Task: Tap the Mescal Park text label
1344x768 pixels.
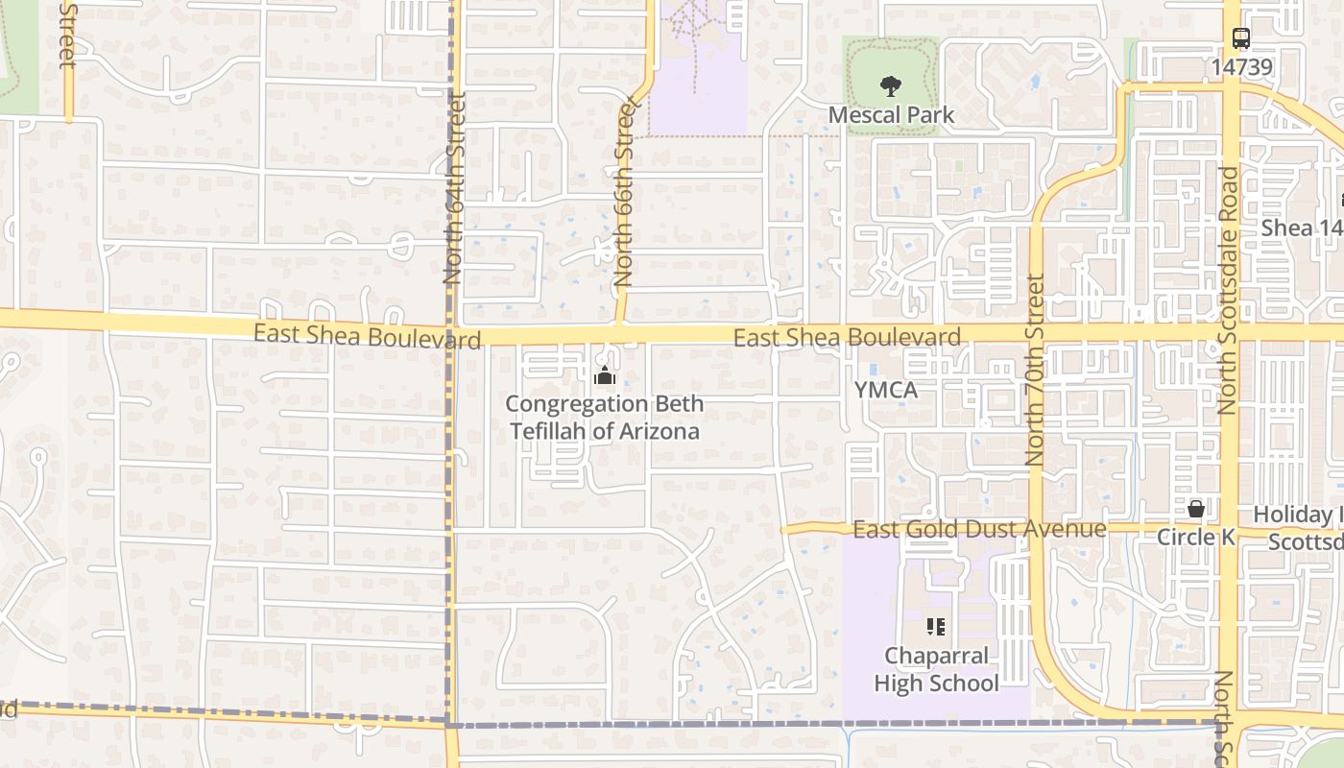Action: [891, 115]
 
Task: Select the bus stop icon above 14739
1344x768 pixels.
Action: [1241, 39]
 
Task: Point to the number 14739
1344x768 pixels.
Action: [1241, 66]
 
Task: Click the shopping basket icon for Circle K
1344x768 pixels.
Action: [1196, 509]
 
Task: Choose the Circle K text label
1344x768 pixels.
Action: [1196, 537]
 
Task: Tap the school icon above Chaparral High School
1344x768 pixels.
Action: [936, 628]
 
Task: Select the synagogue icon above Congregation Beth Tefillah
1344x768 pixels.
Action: [604, 375]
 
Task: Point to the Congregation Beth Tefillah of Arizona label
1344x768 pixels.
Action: [605, 418]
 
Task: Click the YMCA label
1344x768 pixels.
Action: [886, 391]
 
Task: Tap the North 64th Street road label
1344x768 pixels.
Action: [454, 187]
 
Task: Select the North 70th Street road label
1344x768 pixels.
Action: [1035, 371]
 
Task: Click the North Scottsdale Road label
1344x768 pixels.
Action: [1229, 291]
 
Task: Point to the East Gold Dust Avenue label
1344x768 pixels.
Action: [979, 529]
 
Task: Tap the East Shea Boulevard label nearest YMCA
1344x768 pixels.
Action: [847, 337]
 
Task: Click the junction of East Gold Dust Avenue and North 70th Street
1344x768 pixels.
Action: [1037, 528]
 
